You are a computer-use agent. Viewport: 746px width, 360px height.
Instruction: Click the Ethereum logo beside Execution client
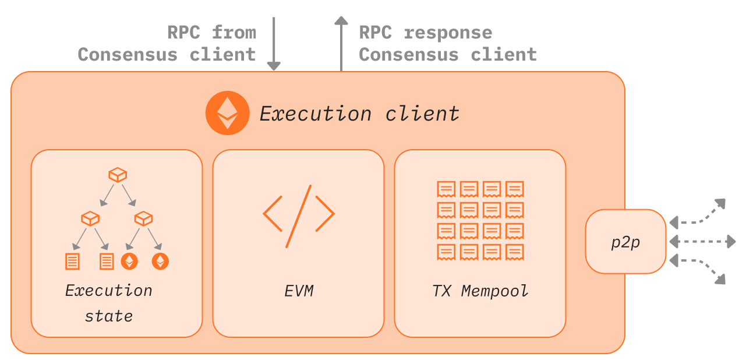click(x=227, y=113)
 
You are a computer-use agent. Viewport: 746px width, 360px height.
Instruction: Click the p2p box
click(x=625, y=242)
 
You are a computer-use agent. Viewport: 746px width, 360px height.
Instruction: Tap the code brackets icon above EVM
click(x=298, y=215)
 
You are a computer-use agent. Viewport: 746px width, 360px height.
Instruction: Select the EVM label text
click(x=299, y=291)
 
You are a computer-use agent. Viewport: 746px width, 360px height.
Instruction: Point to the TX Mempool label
click(x=480, y=291)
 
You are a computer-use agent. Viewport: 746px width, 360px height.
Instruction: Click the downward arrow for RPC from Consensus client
click(x=274, y=44)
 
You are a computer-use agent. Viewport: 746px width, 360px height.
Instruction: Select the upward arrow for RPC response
click(x=341, y=44)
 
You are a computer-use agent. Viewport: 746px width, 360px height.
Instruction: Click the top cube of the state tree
click(x=118, y=174)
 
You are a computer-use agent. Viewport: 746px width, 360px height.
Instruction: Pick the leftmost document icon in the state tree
click(x=72, y=261)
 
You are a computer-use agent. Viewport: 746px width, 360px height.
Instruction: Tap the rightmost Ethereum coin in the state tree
click(x=160, y=261)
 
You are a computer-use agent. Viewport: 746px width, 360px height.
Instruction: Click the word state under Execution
click(x=109, y=316)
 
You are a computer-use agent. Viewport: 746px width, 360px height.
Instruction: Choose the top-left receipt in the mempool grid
click(x=447, y=189)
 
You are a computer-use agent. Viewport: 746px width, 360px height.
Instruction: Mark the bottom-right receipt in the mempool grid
click(x=515, y=252)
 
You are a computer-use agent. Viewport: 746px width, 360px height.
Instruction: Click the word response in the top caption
click(x=448, y=33)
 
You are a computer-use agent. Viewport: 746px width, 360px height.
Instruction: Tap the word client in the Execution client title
click(x=422, y=114)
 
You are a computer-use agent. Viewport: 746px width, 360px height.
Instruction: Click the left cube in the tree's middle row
click(x=91, y=218)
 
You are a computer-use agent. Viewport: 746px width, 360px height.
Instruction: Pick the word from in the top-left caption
click(x=234, y=33)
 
